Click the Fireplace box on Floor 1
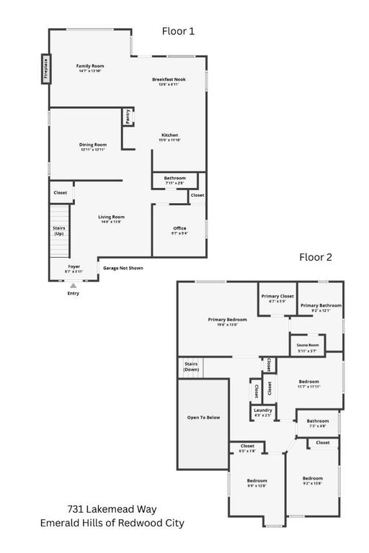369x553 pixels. tap(45, 68)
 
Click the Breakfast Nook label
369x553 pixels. tap(169, 81)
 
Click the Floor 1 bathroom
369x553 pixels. tap(174, 180)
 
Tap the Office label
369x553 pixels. tap(179, 230)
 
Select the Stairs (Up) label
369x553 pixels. tap(59, 230)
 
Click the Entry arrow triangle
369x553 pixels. tap(73, 286)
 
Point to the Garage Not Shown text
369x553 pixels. tap(123, 268)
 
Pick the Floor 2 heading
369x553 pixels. tap(316, 257)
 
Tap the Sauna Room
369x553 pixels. tap(308, 348)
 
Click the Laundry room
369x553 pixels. tap(262, 413)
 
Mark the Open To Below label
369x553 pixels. tap(203, 418)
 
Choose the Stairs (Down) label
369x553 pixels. tap(191, 367)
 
